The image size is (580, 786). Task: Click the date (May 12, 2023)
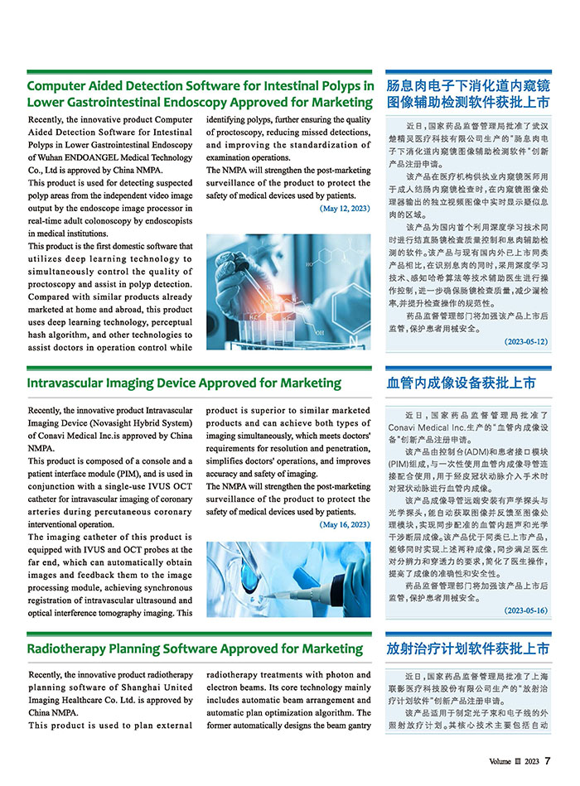(x=345, y=209)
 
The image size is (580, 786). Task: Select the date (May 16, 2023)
(x=345, y=524)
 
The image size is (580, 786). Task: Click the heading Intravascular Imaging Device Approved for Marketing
(x=184, y=383)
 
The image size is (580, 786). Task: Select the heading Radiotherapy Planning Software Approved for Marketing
(x=195, y=649)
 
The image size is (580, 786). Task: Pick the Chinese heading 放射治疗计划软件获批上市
(x=468, y=649)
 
